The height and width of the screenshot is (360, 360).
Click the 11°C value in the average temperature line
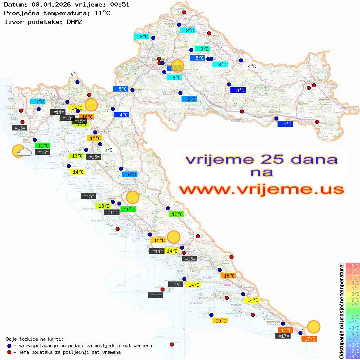click(102, 13)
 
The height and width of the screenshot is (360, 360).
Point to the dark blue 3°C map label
click(238, 90)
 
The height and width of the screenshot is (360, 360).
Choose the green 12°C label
click(176, 214)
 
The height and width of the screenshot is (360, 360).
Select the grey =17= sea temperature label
click(283, 336)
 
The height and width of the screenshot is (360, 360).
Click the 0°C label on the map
click(108, 151)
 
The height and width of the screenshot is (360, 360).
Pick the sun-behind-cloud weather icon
click(21, 151)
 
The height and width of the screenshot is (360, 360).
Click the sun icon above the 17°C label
click(313, 326)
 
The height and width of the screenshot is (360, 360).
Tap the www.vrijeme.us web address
click(261, 189)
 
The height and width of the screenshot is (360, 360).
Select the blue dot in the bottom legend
click(10, 346)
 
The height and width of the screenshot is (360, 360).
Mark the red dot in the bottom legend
click(10, 352)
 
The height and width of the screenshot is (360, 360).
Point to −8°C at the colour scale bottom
click(352, 356)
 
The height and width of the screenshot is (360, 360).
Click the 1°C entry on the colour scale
click(353, 305)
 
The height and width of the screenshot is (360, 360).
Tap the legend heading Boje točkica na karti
click(35, 339)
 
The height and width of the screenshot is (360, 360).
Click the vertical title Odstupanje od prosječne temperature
click(342, 311)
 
